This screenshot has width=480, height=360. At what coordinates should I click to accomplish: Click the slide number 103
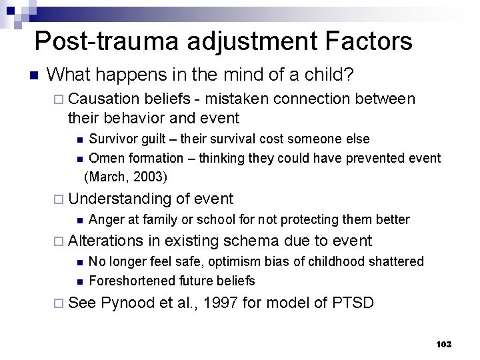pos(443,344)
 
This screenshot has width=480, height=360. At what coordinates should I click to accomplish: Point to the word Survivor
pos(113,139)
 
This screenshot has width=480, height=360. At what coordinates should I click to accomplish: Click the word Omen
pos(104,158)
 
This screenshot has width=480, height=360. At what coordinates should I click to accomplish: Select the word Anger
pos(105,219)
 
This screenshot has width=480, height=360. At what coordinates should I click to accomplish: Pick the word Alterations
pos(105,241)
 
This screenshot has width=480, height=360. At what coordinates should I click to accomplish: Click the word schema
pos(253,241)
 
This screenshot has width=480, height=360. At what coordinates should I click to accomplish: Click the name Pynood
pos(128,303)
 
